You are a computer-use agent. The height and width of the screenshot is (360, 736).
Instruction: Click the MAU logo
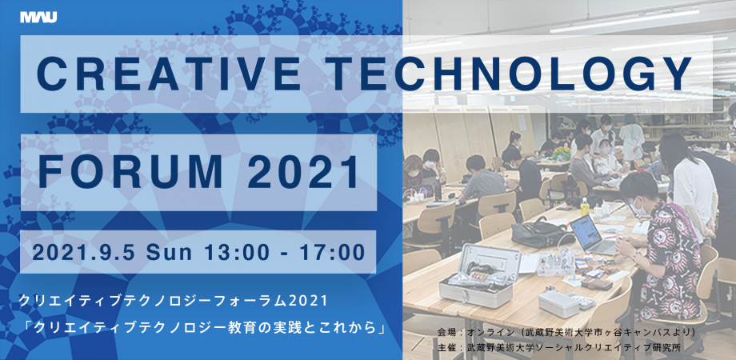[x=38, y=18]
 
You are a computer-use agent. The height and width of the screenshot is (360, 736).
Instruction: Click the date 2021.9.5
[x=83, y=252]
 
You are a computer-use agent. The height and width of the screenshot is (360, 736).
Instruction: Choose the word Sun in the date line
[x=169, y=252]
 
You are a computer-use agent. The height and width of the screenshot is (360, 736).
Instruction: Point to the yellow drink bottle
[x=584, y=206]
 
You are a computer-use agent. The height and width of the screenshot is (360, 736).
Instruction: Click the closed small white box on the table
[x=558, y=304]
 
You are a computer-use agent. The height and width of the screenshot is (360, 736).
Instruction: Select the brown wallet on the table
[x=596, y=283]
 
